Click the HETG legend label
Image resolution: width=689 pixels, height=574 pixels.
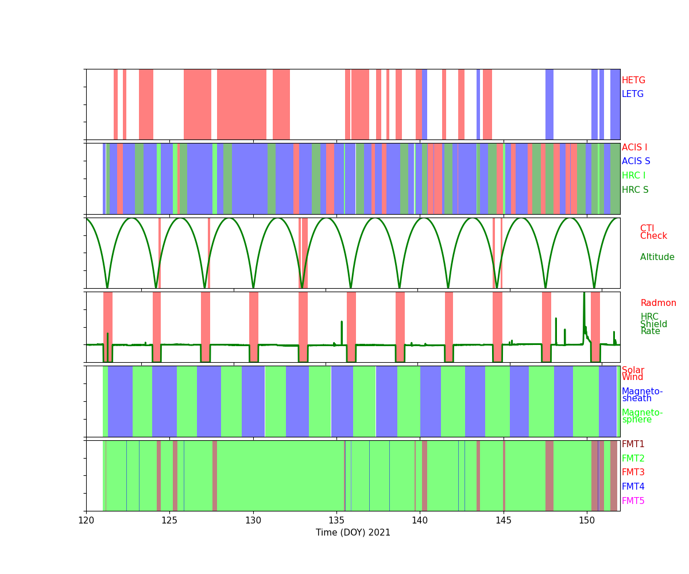click(x=633, y=80)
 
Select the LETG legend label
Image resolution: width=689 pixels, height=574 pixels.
click(x=633, y=94)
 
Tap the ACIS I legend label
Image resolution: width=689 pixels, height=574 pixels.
click(x=634, y=148)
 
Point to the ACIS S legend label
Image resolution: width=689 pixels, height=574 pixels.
click(x=636, y=161)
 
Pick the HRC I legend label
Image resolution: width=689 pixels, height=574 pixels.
click(x=633, y=176)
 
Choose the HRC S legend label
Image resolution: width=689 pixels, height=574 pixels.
click(x=635, y=190)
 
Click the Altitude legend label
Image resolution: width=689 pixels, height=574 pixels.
click(x=657, y=257)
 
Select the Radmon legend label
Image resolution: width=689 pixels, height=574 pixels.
click(x=659, y=303)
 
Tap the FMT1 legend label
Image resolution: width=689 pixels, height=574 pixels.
click(x=633, y=444)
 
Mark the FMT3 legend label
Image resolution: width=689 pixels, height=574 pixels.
click(x=633, y=472)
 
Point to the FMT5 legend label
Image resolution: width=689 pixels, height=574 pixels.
click(x=633, y=501)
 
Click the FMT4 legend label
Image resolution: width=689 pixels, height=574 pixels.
click(x=633, y=487)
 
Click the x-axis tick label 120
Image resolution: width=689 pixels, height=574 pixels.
click(x=86, y=520)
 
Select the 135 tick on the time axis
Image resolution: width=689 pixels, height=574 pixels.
click(x=336, y=520)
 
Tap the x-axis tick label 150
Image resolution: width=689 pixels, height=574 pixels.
click(x=587, y=520)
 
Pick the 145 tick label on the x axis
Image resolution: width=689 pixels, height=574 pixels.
click(x=504, y=520)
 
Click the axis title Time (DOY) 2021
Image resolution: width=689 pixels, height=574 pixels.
click(x=353, y=533)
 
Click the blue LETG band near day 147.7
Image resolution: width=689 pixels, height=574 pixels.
click(x=549, y=104)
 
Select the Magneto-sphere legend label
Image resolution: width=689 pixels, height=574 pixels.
click(x=642, y=416)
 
